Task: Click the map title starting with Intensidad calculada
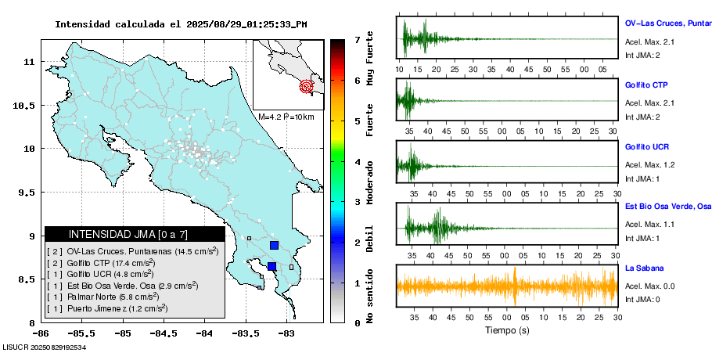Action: click(181, 24)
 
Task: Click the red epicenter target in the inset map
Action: click(307, 87)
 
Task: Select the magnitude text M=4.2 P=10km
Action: click(286, 117)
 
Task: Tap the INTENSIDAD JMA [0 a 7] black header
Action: click(135, 234)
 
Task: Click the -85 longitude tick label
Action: click(122, 333)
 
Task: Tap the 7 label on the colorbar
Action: click(357, 39)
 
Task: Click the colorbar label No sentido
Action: click(370, 297)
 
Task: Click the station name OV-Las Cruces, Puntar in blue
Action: click(667, 23)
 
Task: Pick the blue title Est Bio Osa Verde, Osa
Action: click(667, 207)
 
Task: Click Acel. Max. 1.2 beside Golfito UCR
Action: click(649, 165)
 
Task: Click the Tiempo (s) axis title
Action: click(507, 330)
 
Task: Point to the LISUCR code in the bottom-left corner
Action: click(45, 346)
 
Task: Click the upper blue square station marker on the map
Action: click(274, 245)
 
